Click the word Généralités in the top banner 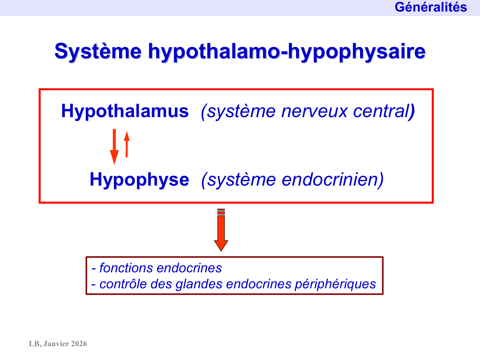tap(430, 7)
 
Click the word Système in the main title tap(98, 51)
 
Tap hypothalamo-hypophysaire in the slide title tap(286, 51)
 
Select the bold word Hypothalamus tap(125, 111)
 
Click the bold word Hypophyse tap(139, 180)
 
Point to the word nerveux tap(314, 111)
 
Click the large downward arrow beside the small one tap(114, 147)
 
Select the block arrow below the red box tap(221, 230)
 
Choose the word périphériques tap(335, 284)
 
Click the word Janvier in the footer tap(56, 344)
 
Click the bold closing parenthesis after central tap(412, 112)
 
